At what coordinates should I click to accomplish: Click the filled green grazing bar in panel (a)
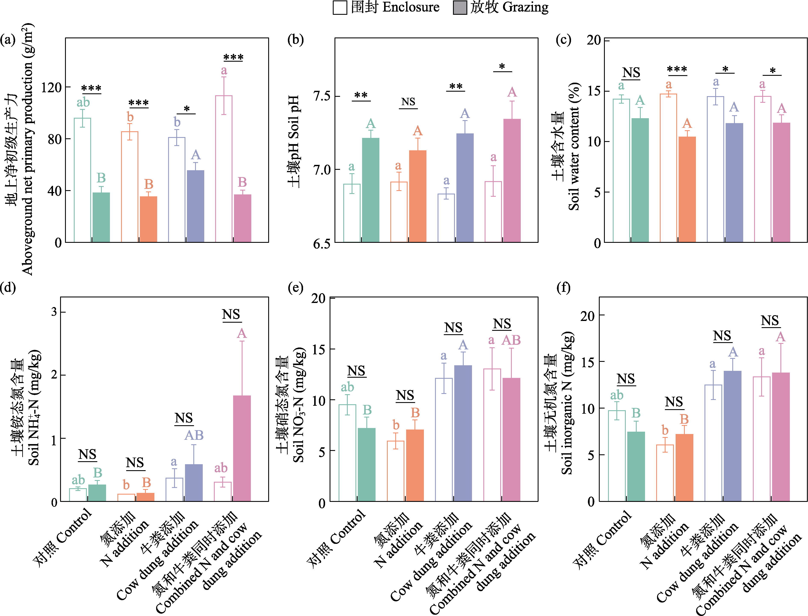point(101,217)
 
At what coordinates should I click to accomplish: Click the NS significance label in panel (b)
point(408,101)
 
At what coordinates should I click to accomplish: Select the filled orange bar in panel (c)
point(687,189)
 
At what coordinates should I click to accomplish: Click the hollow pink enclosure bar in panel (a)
point(224,169)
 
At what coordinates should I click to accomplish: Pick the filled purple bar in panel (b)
point(465,188)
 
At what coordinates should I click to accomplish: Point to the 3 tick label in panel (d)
point(54,312)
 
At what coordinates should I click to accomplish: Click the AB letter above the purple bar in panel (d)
point(194,435)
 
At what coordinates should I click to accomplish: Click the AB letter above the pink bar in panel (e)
point(511,340)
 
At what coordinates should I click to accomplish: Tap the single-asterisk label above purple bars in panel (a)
point(186,109)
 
